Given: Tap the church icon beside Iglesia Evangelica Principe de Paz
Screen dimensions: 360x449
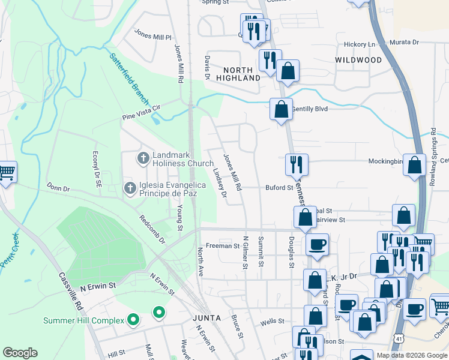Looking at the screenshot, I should point(130,188).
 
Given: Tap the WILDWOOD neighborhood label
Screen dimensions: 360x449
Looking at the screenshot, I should point(359,61).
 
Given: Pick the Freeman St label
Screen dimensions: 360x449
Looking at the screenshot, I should point(223,246).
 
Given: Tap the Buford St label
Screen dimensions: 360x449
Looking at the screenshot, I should point(279,187).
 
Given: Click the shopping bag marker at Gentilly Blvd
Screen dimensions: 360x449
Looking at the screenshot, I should point(281,109).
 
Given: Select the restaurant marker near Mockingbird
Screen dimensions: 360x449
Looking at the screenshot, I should point(296,164).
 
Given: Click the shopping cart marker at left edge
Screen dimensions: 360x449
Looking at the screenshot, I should point(6,172).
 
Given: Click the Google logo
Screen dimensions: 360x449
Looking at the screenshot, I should point(20,353).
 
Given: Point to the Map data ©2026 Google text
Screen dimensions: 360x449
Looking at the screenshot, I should point(411,355).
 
